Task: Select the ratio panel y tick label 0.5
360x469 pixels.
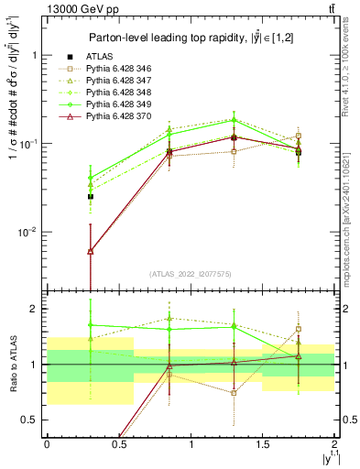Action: pos(32,420)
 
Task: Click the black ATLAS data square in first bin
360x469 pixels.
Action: pos(90,197)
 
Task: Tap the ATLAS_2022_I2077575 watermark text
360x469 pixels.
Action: pos(190,274)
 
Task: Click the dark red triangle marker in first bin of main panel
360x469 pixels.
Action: pos(90,251)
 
